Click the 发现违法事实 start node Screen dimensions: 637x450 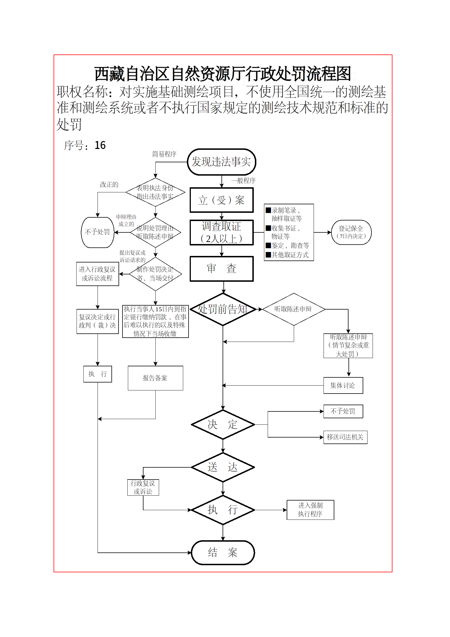[x=221, y=162]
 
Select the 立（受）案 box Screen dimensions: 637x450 [x=221, y=200]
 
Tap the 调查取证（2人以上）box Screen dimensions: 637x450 [x=221, y=232]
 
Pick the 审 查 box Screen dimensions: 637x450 [x=221, y=268]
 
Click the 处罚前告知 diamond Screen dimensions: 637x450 [x=223, y=309]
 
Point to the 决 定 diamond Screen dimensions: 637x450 [x=223, y=424]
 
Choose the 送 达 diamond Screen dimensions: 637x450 [x=223, y=467]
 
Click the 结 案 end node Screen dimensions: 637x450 [x=223, y=552]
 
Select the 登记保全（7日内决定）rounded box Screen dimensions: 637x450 [x=351, y=232]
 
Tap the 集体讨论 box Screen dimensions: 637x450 [x=343, y=385]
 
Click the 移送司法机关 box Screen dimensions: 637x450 [x=345, y=437]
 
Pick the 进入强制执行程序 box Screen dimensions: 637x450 [x=310, y=510]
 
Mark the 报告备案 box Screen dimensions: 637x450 [x=155, y=378]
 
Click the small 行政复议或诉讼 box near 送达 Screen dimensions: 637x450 [x=143, y=487]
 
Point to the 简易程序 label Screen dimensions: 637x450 [x=164, y=154]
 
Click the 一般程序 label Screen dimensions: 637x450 [x=243, y=180]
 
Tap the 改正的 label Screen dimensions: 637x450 [x=109, y=185]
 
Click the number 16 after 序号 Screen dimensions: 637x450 [x=100, y=145]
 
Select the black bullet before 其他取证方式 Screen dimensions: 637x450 [x=268, y=255]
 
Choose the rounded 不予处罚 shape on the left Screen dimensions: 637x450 [x=98, y=232]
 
